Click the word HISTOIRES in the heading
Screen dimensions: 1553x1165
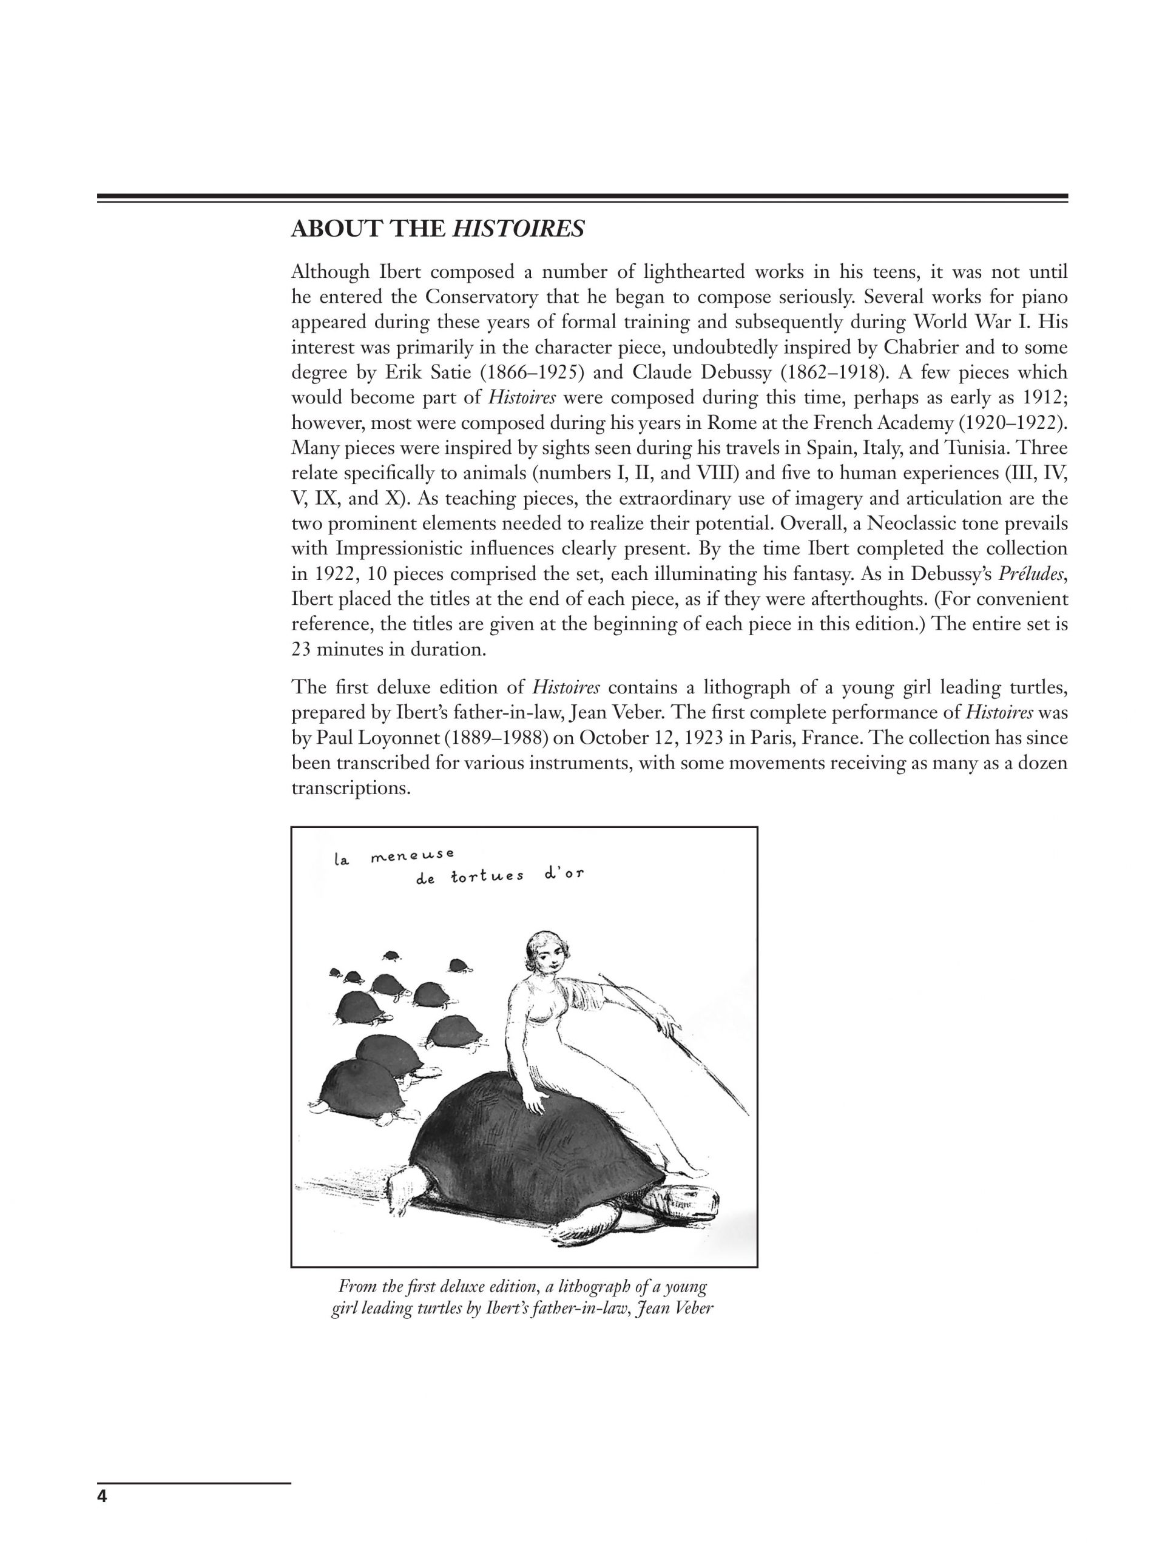tap(518, 229)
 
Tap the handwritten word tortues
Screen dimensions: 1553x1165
tap(487, 876)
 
